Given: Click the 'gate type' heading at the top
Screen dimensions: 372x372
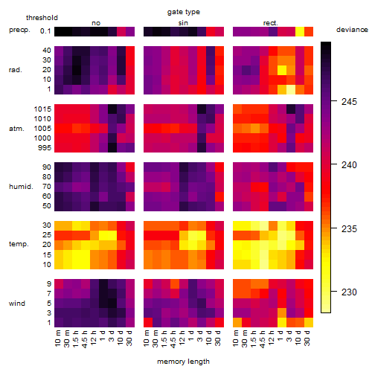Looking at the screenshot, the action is [184, 12].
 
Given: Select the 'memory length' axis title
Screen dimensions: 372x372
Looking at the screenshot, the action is [183, 362].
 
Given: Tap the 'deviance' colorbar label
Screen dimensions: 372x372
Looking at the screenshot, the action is [352, 30].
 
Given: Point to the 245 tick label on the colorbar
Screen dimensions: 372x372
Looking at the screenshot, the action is [349, 101].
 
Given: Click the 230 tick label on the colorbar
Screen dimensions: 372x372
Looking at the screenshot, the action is [349, 292].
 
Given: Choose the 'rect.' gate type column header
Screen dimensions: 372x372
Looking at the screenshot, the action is [271, 23].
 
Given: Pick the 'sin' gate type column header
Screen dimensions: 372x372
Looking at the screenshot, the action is [183, 23].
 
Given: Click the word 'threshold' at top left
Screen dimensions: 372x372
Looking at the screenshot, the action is [42, 18].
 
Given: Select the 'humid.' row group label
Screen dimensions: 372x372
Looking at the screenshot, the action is [21, 187].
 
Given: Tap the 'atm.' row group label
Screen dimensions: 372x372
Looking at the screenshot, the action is [16, 129].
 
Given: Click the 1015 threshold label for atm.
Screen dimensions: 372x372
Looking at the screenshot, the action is [42, 109].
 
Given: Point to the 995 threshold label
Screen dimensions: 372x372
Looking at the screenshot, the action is [45, 148].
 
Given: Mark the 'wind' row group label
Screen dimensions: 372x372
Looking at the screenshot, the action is [17, 304].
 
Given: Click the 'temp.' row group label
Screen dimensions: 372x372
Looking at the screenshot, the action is [19, 244].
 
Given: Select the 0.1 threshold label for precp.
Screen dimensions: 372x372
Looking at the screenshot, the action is [45, 31].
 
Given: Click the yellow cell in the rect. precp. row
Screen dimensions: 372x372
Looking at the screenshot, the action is [300, 31].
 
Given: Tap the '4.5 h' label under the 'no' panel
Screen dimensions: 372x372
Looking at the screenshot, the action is [84, 339].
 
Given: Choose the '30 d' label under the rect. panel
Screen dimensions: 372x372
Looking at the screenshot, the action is [307, 338].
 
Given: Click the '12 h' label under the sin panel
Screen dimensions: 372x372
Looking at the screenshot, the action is [182, 338].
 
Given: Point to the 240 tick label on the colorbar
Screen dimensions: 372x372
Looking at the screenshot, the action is [349, 165].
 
